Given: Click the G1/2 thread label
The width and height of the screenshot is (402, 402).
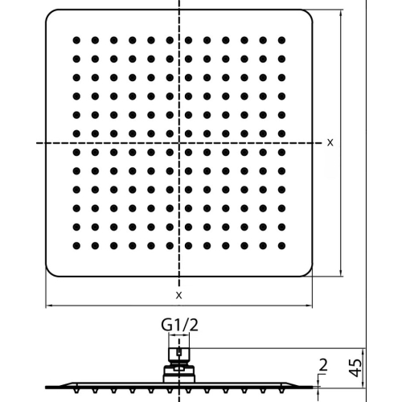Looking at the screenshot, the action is point(179,325).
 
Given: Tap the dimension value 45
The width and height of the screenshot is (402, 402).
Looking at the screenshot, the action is point(356,367).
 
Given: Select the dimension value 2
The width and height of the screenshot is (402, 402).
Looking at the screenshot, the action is point(323,365).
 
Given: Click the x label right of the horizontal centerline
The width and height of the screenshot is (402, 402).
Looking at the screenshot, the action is point(330,142).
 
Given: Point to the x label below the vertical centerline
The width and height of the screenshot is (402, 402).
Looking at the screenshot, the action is point(178,295).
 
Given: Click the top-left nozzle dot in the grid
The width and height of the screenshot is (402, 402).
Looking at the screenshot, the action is point(76,40).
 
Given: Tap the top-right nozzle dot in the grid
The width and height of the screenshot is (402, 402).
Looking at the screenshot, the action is point(281,40).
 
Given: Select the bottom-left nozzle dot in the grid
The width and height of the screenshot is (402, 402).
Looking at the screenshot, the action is point(76,245).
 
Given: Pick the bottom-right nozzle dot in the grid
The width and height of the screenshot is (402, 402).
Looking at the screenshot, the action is point(281,245).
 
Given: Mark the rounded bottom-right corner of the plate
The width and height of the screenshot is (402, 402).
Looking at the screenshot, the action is point(309,273).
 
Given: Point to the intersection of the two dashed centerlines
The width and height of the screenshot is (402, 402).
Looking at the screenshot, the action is point(179,143).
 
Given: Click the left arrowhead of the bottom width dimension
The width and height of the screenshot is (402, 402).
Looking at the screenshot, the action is point(48,306).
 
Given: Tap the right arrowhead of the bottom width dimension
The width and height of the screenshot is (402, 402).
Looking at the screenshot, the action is point(310,306).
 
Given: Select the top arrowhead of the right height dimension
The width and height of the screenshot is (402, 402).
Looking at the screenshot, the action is point(341,13).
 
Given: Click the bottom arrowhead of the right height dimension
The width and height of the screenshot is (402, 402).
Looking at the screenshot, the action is point(341,273).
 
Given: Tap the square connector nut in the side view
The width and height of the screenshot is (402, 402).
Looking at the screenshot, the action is point(179,355).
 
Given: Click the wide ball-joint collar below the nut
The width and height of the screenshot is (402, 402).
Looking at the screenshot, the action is point(179,374).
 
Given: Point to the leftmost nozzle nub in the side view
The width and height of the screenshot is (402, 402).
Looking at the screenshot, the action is point(76,391).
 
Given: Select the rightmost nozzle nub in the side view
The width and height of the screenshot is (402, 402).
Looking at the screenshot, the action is point(281,391).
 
